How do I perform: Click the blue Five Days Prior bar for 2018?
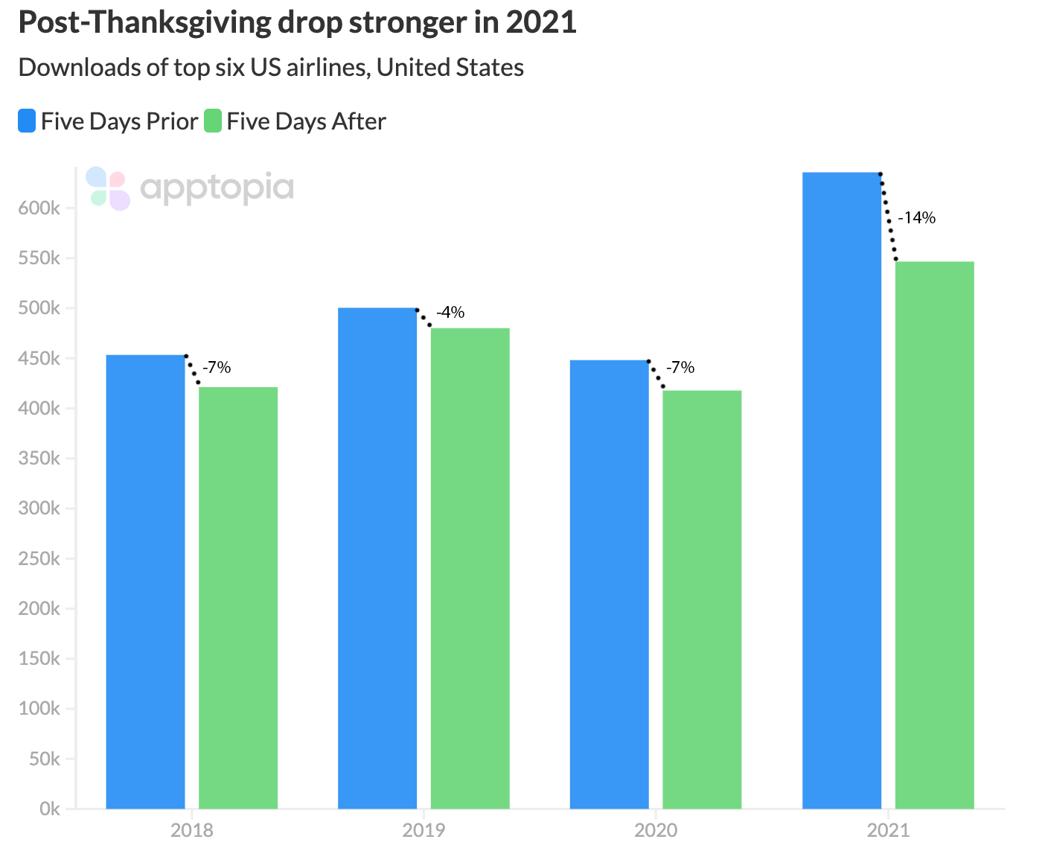point(145,581)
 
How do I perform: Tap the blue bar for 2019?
point(377,558)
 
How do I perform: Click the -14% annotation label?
point(916,218)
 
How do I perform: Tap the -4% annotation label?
point(450,313)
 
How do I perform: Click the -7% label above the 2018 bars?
point(217,367)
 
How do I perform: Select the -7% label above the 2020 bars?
point(680,367)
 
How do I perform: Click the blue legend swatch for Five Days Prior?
point(27,121)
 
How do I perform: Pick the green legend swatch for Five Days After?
point(213,121)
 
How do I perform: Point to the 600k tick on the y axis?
point(39,208)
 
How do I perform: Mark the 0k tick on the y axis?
point(49,809)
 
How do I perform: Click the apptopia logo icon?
point(108,188)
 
